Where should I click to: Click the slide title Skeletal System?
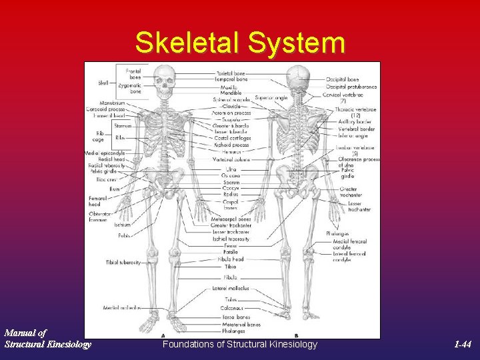coord(240,43)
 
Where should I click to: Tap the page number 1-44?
coord(462,345)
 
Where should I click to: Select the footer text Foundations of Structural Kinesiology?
coord(240,344)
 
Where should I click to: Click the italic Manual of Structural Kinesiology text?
coord(47,338)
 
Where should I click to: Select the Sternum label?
coord(123,125)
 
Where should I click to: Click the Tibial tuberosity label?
coord(123,263)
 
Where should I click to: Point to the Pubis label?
coord(125,235)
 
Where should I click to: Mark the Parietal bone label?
coord(231,73)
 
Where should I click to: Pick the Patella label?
coord(231,252)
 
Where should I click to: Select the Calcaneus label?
coord(233,308)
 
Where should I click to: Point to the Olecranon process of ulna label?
coord(358,162)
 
